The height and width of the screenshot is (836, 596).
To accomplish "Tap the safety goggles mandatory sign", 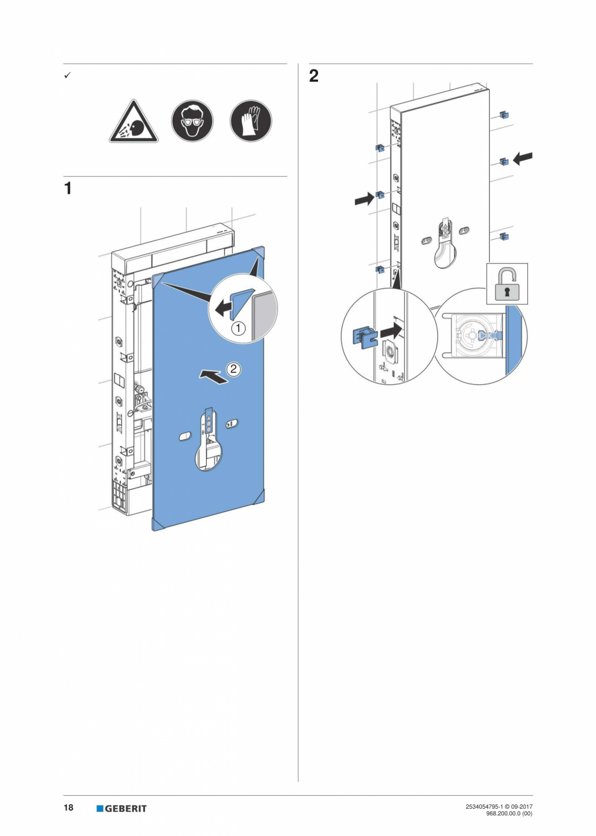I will (x=192, y=121).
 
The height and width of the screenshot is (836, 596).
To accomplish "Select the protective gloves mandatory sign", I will (x=251, y=121).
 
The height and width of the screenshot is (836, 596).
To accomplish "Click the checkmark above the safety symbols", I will (x=67, y=76).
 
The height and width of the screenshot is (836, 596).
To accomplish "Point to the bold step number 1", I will (x=67, y=189).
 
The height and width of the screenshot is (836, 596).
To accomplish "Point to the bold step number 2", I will (x=314, y=76).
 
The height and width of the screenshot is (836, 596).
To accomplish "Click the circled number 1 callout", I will (x=238, y=328).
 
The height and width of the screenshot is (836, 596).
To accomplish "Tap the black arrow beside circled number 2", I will (x=213, y=377).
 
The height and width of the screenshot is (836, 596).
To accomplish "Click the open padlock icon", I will (x=507, y=283).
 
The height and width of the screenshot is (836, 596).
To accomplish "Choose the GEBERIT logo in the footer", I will (x=122, y=808).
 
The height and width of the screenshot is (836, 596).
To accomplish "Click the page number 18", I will (x=68, y=807).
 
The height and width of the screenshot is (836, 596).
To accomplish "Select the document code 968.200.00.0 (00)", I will (x=509, y=813).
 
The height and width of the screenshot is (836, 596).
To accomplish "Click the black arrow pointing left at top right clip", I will (x=523, y=157).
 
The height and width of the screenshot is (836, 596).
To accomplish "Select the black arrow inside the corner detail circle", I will (x=223, y=308).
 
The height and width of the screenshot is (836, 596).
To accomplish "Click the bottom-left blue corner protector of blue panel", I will (x=157, y=524).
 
